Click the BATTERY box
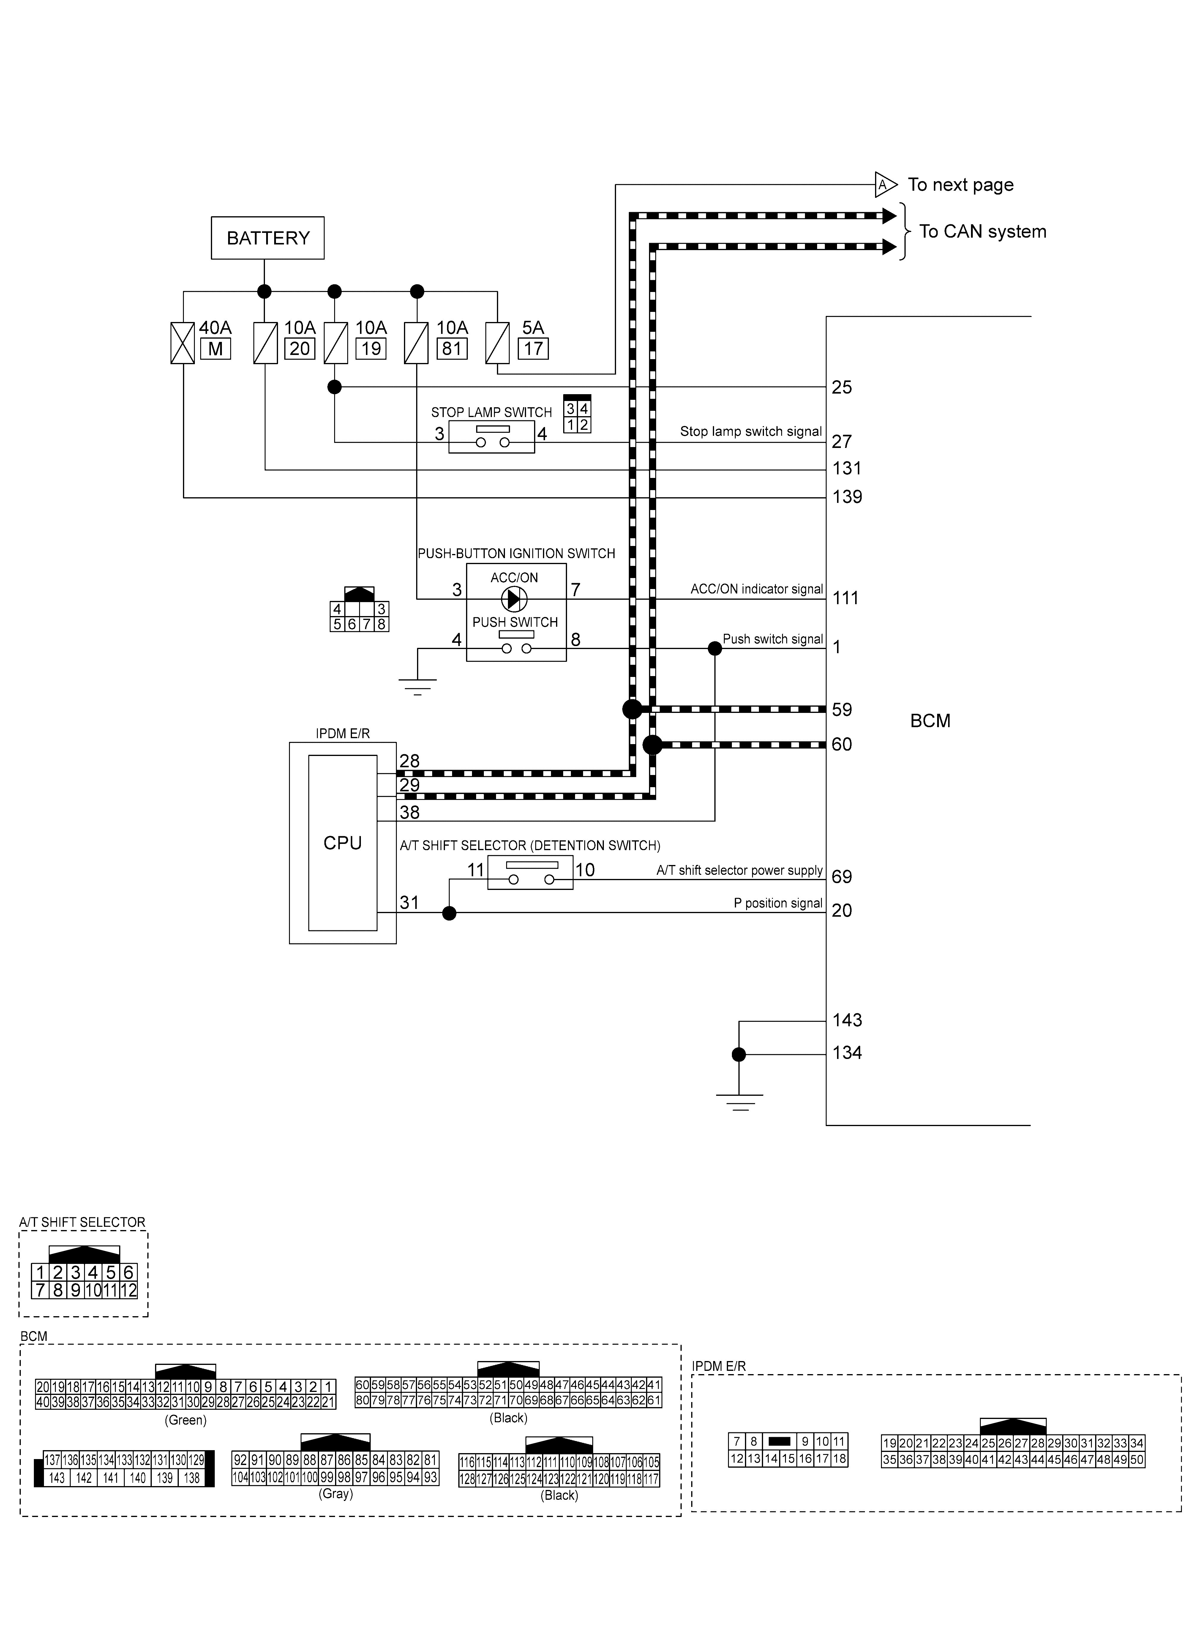coord(267,238)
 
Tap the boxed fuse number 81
coord(452,349)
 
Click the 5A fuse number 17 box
coord(533,349)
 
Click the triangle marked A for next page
coord(885,185)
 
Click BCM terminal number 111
coord(846,599)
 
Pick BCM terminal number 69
coord(842,877)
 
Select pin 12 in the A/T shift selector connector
coord(129,1290)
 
